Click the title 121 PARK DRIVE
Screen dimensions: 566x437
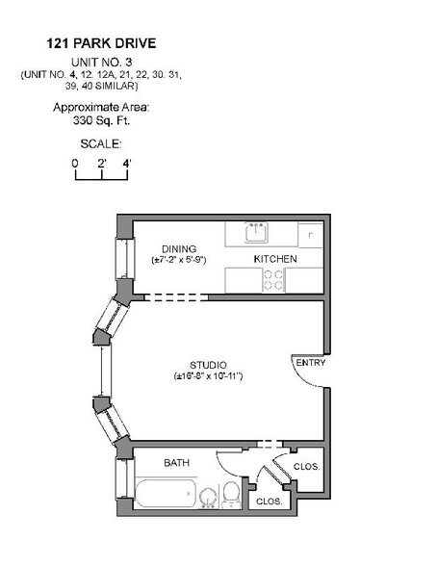pyautogui.click(x=101, y=43)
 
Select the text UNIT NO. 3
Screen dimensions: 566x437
pyautogui.click(x=101, y=60)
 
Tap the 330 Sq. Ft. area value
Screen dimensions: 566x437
pyautogui.click(x=101, y=121)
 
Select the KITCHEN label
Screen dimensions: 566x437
pyautogui.click(x=274, y=260)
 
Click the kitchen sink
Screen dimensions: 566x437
pyautogui.click(x=256, y=233)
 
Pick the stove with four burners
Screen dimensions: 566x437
pyautogui.click(x=274, y=280)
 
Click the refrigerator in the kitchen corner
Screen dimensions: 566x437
pyautogui.click(x=309, y=233)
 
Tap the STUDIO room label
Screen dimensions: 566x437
pyautogui.click(x=207, y=365)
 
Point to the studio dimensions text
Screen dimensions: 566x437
pyautogui.click(x=207, y=375)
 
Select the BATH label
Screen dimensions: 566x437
pyautogui.click(x=176, y=463)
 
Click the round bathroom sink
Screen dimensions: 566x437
pyautogui.click(x=207, y=497)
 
